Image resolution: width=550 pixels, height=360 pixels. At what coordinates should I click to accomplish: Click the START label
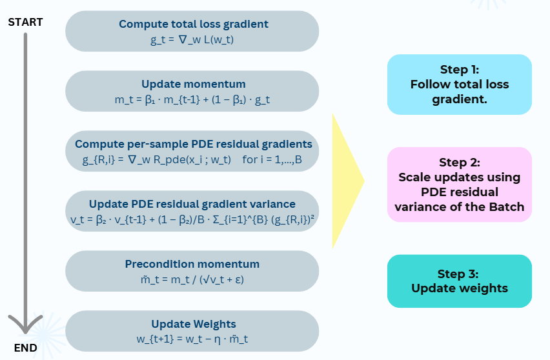point(25,22)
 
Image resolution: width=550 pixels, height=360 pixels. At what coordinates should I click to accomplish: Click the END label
point(25,348)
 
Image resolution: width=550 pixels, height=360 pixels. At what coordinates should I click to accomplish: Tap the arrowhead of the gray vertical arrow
point(25,325)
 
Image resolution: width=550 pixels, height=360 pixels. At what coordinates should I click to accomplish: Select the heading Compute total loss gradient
point(193,24)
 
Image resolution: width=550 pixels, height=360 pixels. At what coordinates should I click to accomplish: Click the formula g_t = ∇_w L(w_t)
point(192,39)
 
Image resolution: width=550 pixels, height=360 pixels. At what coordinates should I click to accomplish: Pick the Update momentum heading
point(193,84)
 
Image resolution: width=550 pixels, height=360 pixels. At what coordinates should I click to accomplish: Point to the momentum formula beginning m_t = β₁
point(192,99)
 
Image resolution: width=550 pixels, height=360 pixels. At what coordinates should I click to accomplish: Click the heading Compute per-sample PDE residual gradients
point(193,144)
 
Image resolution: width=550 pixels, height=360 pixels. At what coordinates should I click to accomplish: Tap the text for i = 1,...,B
point(272,159)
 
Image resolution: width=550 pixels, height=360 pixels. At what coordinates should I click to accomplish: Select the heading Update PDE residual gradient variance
point(192,204)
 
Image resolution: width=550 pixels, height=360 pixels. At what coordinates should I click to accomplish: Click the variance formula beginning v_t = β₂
point(192,219)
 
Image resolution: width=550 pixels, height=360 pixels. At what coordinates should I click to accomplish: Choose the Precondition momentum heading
point(192,264)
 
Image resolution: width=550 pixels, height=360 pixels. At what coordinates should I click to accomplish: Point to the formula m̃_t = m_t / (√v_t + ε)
point(192,279)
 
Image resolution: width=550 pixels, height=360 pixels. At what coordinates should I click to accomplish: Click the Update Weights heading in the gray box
point(194,325)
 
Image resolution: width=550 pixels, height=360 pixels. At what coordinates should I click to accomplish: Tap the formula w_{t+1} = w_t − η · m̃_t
point(192,339)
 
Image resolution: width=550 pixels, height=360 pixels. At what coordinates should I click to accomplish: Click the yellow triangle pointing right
point(345,181)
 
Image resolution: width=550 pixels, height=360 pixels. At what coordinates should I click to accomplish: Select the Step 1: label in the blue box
point(460,70)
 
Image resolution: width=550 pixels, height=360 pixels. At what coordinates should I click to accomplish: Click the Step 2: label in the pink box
point(460,163)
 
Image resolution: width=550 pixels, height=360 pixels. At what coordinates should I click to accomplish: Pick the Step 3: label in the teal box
point(458,274)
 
